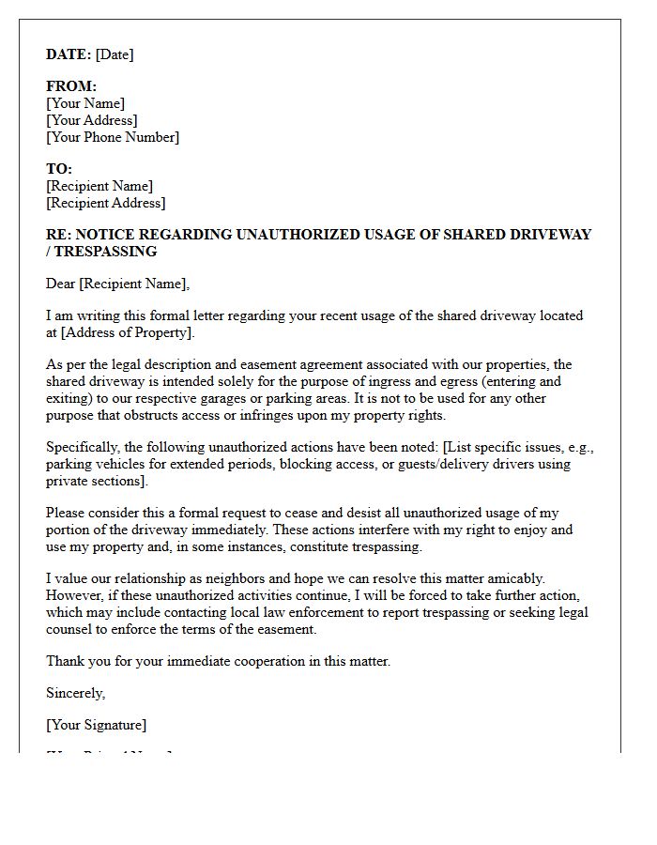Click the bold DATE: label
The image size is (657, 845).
tap(69, 54)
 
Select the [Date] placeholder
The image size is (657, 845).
tap(115, 54)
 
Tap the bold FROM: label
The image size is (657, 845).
tap(71, 86)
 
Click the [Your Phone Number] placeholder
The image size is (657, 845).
tap(113, 137)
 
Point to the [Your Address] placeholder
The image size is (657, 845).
tap(92, 120)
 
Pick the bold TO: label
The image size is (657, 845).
tap(59, 169)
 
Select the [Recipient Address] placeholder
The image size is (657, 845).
tap(105, 203)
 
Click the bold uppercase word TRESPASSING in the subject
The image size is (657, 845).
tap(105, 252)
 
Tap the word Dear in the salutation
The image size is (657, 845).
tap(61, 284)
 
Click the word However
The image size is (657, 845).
tap(75, 595)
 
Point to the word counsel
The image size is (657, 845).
tap(71, 629)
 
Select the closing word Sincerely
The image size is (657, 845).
tap(76, 693)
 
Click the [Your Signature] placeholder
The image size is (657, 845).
tap(96, 725)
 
